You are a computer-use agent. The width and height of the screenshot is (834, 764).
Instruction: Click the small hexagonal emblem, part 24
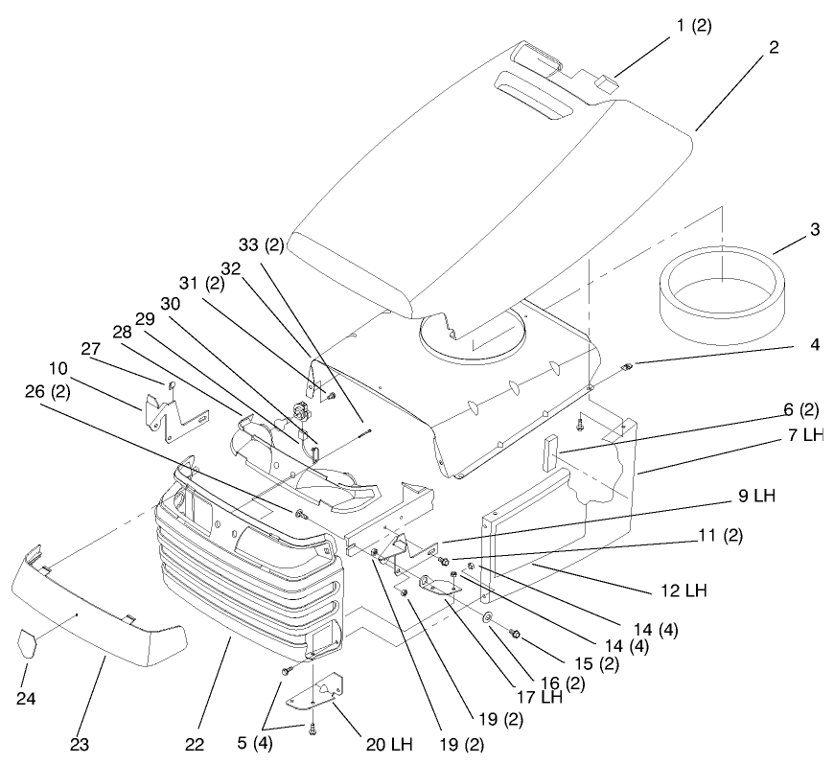[29, 641]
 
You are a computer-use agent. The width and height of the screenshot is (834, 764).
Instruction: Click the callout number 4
[814, 343]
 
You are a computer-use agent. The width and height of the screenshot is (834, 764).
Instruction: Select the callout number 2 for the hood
[774, 45]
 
